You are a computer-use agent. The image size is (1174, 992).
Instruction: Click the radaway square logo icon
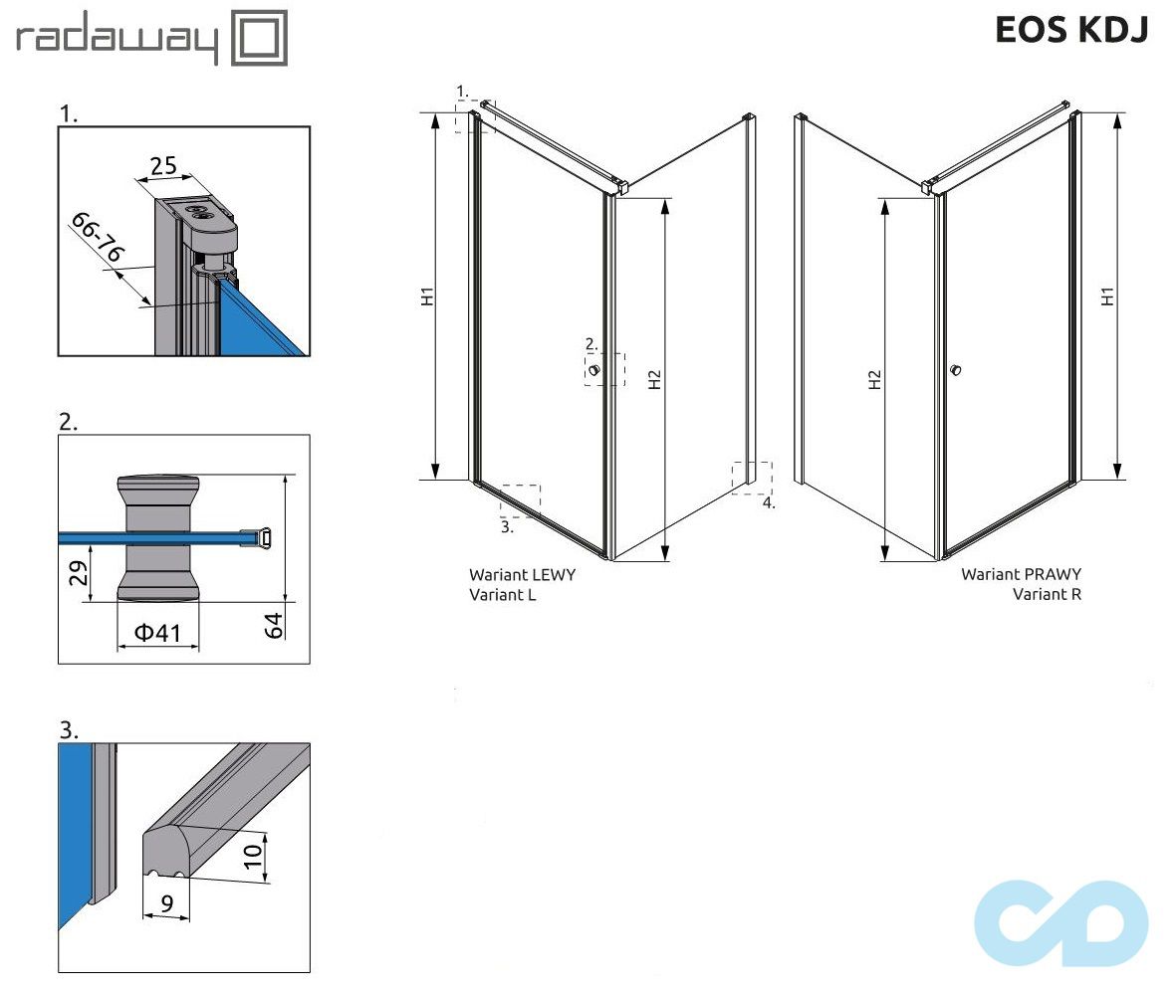point(259,38)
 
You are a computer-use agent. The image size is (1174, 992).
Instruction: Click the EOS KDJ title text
point(1071,30)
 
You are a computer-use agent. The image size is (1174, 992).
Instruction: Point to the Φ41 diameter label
point(157,633)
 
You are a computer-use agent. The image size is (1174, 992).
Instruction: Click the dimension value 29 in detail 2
point(79,574)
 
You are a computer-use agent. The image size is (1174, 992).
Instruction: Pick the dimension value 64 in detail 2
point(273,624)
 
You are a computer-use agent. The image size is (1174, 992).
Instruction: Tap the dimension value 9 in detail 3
point(166,904)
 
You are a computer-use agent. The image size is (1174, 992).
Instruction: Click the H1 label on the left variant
point(425,296)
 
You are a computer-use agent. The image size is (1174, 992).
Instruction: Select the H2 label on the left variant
point(653,379)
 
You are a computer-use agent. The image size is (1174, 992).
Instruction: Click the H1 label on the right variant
point(1106,297)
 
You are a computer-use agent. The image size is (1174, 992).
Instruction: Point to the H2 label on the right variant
point(874,379)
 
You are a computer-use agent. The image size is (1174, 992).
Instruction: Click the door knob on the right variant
point(956,370)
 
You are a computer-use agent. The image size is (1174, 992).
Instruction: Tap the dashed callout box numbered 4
point(752,478)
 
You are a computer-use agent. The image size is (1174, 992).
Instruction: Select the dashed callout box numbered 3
point(520,500)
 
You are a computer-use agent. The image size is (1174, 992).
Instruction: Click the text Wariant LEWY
point(522,574)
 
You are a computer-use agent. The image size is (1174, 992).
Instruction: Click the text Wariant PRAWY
point(1021,574)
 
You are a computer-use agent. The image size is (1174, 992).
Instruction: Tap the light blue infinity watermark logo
point(1060,920)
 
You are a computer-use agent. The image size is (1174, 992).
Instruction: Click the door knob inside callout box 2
point(594,371)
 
